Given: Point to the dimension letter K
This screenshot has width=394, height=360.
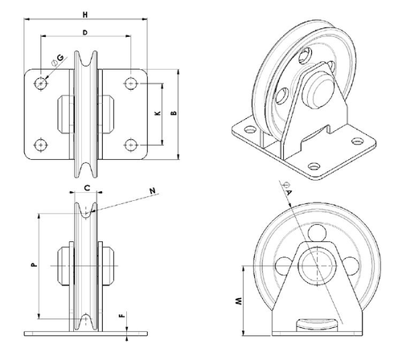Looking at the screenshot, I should [x=158, y=114].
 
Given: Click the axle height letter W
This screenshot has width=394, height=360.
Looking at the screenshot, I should [x=238, y=302].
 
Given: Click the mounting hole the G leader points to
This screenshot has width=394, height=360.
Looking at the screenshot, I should [x=40, y=81].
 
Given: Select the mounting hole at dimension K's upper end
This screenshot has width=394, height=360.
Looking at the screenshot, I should [x=130, y=81].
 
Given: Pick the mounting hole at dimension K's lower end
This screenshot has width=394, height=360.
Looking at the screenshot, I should [x=130, y=144].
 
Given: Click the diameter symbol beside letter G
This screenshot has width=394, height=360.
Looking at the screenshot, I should [x=51, y=62].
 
